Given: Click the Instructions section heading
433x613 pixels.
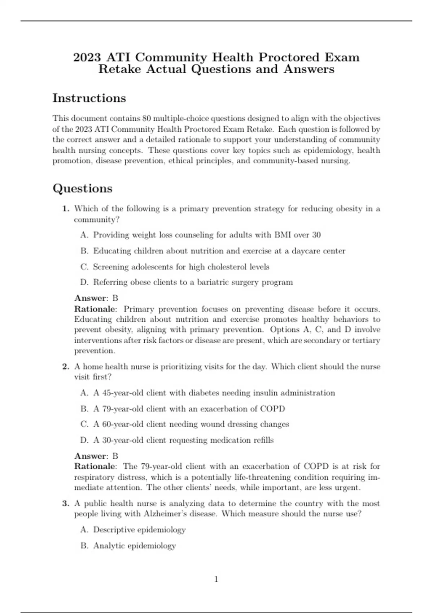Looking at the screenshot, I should [89, 98].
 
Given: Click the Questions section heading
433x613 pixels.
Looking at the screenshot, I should [83, 188].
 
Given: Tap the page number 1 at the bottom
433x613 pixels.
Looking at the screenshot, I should [216, 579].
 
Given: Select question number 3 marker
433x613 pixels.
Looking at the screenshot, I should [66, 503].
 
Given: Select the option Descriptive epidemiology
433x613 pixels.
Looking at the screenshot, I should [139, 530].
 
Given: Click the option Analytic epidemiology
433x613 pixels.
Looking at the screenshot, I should [134, 546].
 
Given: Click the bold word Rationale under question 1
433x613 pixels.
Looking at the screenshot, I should [95, 309].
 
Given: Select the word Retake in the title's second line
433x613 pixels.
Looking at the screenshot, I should [119, 69].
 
